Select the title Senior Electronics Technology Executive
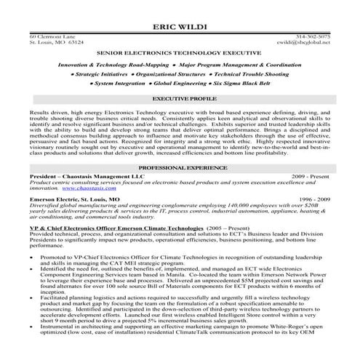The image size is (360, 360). coord(180,54)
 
